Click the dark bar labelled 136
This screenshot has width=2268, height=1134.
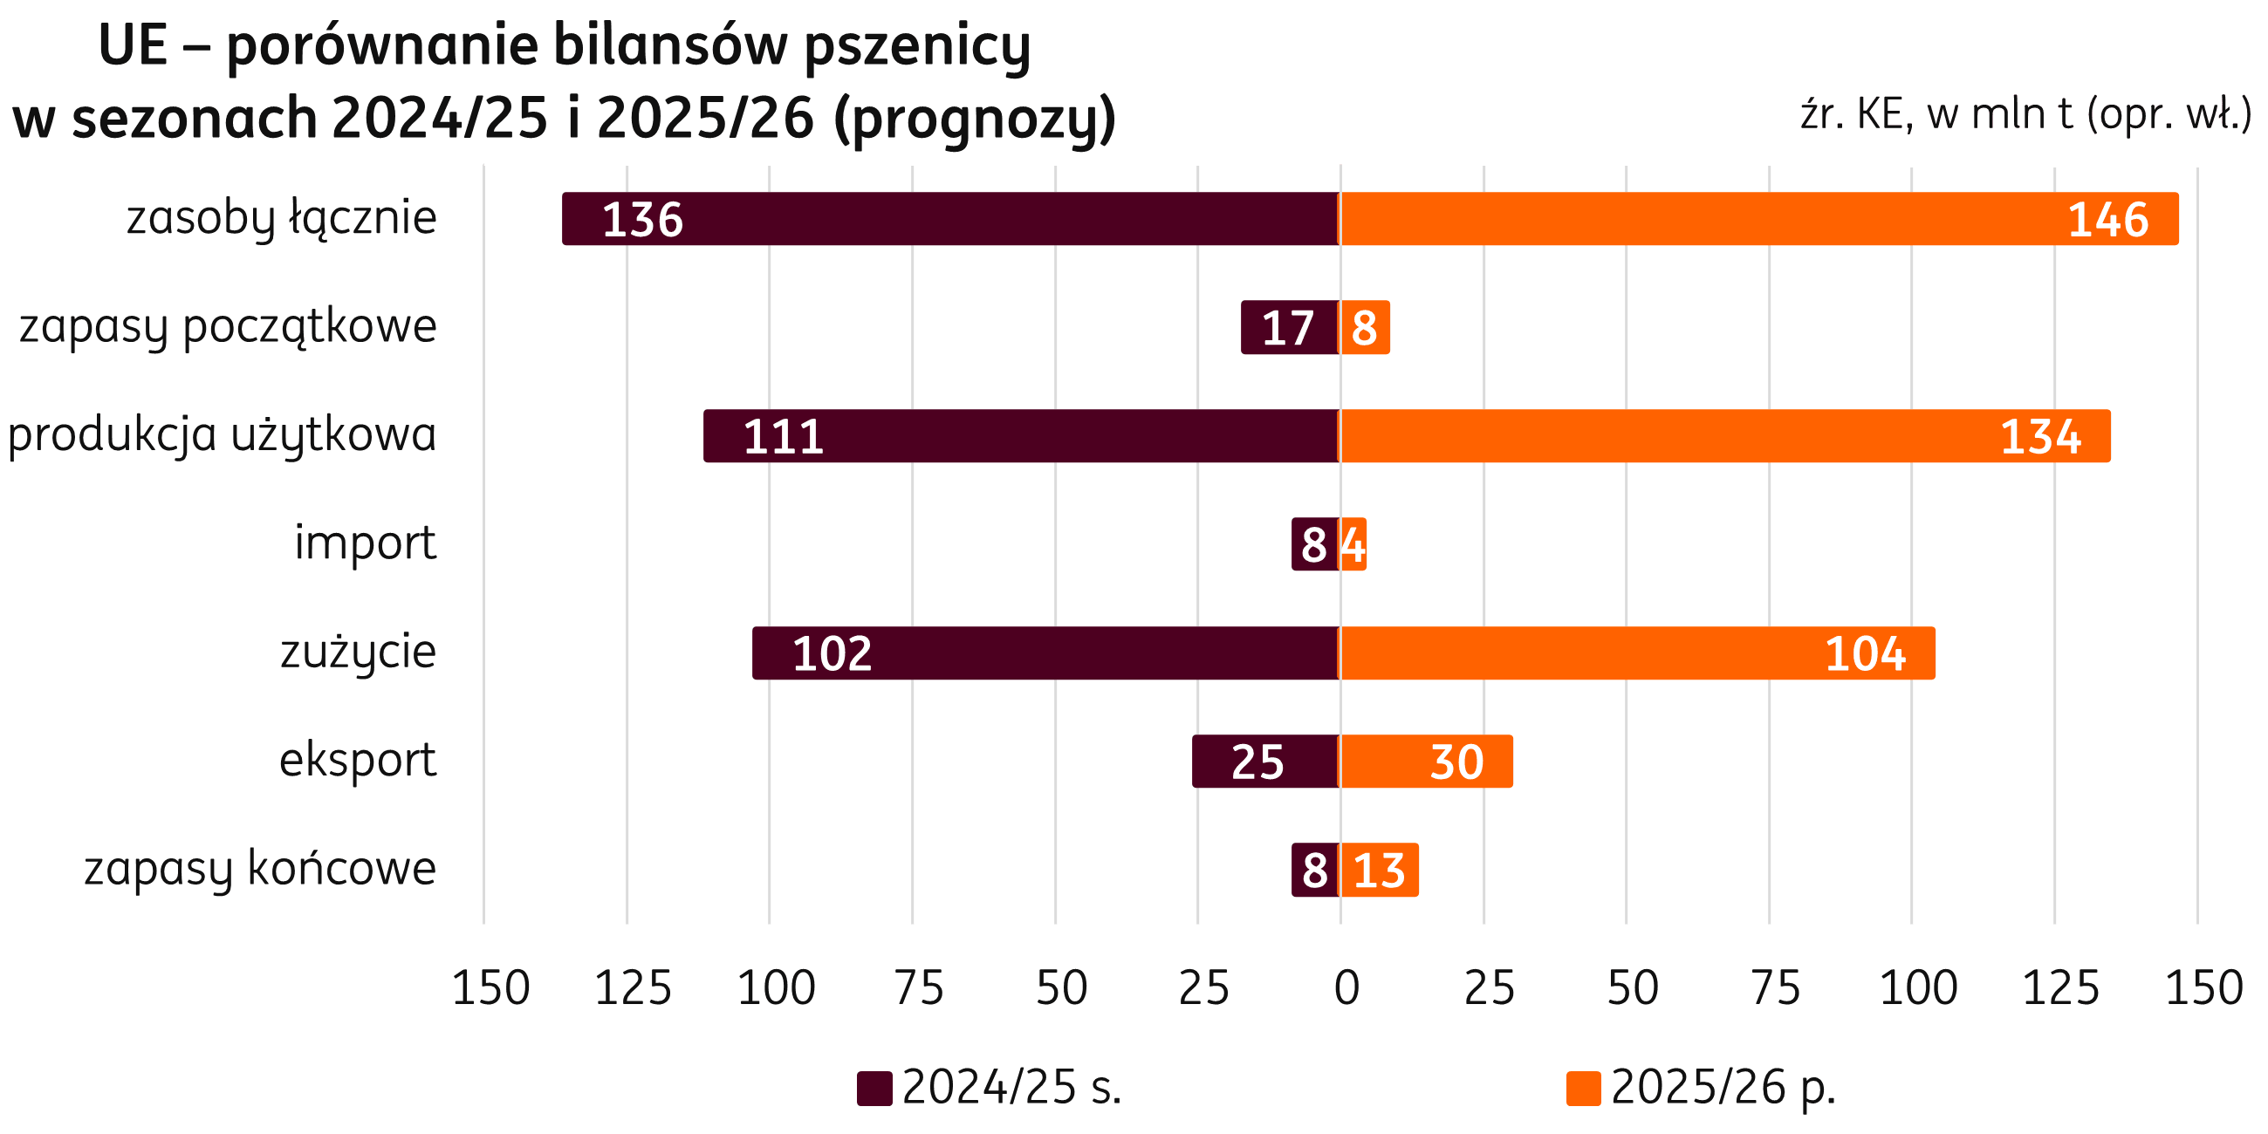click(951, 218)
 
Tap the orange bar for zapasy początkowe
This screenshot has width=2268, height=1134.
click(1364, 327)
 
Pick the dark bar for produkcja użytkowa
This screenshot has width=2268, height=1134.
click(1021, 436)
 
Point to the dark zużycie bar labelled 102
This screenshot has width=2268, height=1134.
click(1045, 653)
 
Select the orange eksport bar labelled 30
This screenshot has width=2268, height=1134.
click(1425, 762)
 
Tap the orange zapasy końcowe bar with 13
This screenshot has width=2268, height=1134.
click(1379, 870)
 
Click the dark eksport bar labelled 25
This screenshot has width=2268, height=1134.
click(1265, 762)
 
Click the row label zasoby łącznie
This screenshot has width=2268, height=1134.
click(282, 218)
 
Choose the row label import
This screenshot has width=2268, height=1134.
click(365, 543)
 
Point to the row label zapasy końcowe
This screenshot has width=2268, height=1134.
click(261, 869)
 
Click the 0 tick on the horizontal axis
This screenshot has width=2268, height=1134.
click(1346, 987)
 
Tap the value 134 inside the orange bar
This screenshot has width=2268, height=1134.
click(2040, 437)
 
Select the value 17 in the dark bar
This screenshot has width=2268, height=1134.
click(1287, 328)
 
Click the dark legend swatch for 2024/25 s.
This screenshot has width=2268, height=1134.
click(874, 1089)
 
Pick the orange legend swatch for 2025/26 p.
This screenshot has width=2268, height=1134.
click(1583, 1089)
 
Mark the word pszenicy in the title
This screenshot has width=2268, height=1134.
click(916, 45)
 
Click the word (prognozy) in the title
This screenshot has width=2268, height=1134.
click(974, 120)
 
